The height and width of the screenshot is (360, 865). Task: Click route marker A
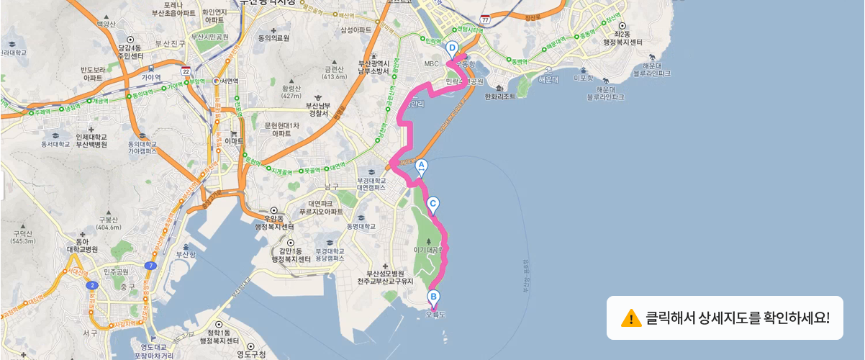pyautogui.click(x=422, y=167)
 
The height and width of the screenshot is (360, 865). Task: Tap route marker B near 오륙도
pyautogui.click(x=433, y=297)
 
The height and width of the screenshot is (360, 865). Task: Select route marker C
pyautogui.click(x=434, y=204)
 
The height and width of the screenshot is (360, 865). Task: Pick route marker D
pyautogui.click(x=452, y=49)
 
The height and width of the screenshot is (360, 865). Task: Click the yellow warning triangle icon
pyautogui.click(x=631, y=318)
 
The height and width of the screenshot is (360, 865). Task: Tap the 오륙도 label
pyautogui.click(x=436, y=315)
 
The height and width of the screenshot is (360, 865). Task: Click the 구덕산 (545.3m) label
pyautogui.click(x=23, y=237)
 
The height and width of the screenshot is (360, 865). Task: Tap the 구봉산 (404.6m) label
pyautogui.click(x=108, y=223)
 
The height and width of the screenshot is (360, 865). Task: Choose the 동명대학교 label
pyautogui.click(x=361, y=226)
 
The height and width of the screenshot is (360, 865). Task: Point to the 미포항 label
pyautogui.click(x=582, y=78)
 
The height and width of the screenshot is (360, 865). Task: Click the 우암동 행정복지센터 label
pyautogui.click(x=275, y=222)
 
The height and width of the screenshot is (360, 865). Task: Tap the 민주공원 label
pyautogui.click(x=115, y=271)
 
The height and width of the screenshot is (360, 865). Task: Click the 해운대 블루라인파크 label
pyautogui.click(x=651, y=69)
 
